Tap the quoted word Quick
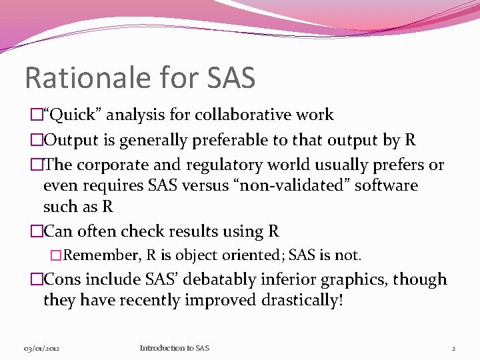(73, 115)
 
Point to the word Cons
(65, 279)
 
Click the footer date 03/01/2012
(42, 348)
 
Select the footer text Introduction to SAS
(175, 348)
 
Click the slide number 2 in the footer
(453, 348)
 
